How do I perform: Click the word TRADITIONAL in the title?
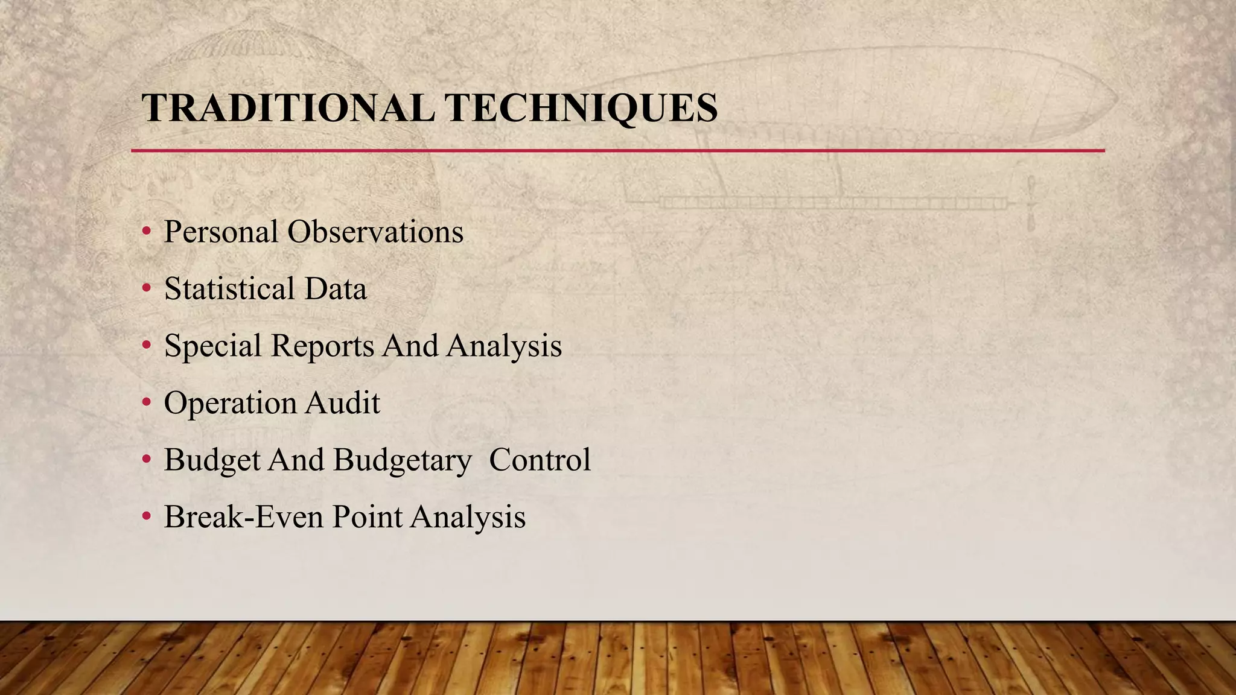pos(288,109)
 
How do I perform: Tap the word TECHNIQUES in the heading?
pos(581,109)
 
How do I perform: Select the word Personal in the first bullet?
pos(221,232)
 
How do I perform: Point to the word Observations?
pos(375,232)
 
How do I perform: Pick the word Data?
pos(336,288)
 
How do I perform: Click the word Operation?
pos(229,403)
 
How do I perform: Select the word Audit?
pos(342,403)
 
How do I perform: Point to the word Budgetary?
pos(402,460)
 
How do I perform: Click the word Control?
pos(540,460)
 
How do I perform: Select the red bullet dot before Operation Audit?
pos(146,402)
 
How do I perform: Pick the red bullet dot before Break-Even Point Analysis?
pos(146,516)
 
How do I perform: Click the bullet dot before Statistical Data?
pos(146,288)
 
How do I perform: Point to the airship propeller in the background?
pos(1031,204)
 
